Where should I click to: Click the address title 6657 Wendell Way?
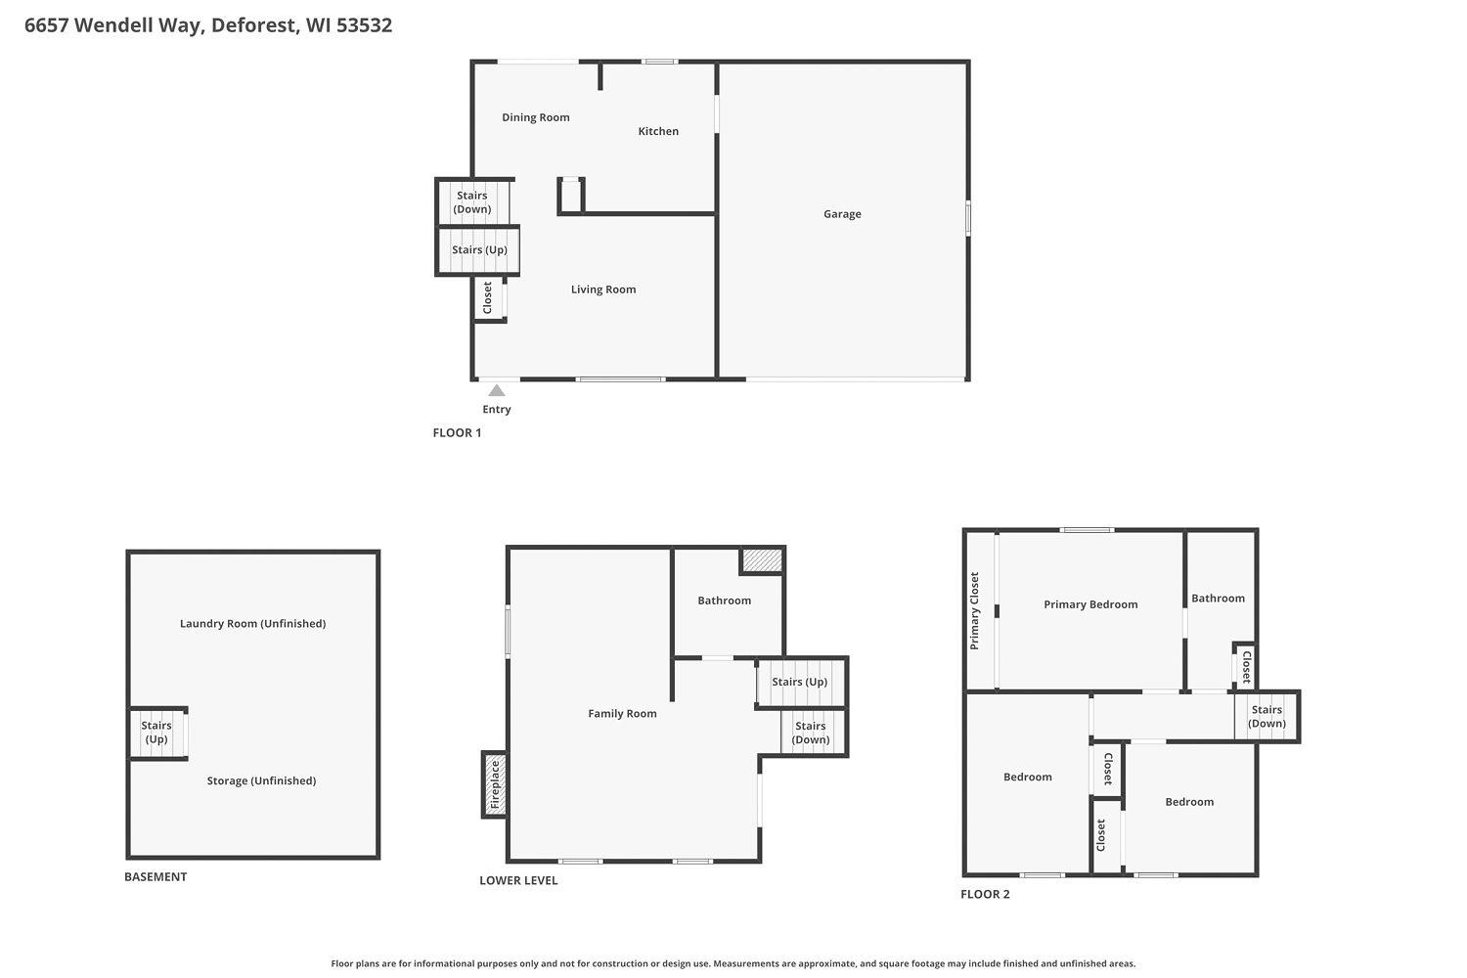[x=207, y=25]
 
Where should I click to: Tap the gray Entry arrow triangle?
[x=497, y=391]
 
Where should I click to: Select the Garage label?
[x=842, y=214]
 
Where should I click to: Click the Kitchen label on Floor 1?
[x=658, y=131]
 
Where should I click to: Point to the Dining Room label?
[x=535, y=117]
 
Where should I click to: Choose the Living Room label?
[x=603, y=289]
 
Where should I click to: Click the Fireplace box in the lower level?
[x=494, y=784]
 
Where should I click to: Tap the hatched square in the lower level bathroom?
[x=762, y=560]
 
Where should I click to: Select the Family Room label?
[x=622, y=714]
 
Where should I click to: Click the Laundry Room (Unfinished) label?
[x=252, y=624]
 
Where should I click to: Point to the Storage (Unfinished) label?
[x=261, y=781]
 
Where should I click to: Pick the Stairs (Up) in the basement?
[x=156, y=733]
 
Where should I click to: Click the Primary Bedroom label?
[x=1090, y=604]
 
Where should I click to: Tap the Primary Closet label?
[x=974, y=611]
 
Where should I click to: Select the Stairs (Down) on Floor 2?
[x=1267, y=717]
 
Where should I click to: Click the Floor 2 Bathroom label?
[x=1218, y=599]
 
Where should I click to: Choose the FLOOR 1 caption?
[x=457, y=433]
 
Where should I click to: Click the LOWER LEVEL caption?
[x=518, y=881]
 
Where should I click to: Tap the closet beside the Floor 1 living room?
[x=488, y=298]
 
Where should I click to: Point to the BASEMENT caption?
[x=156, y=877]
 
